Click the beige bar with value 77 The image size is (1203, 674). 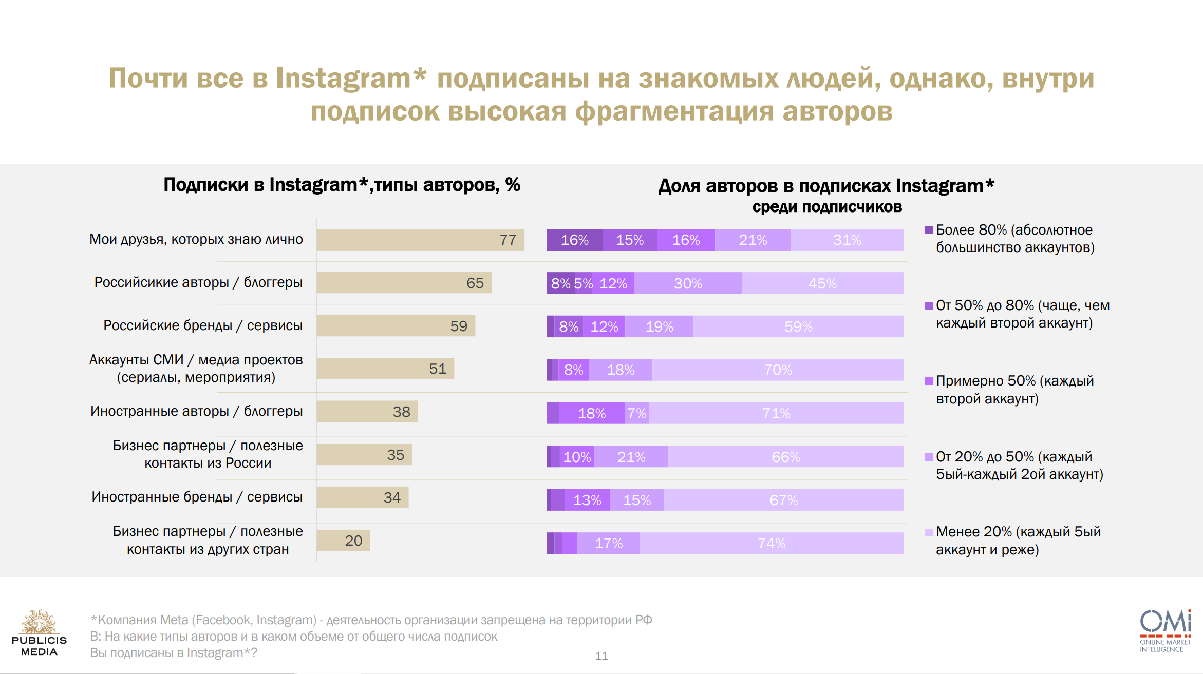(x=420, y=240)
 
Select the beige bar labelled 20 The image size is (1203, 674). (x=343, y=541)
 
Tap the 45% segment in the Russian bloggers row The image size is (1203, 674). (x=822, y=283)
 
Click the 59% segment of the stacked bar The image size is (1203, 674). (x=798, y=326)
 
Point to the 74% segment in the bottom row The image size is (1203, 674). (x=771, y=543)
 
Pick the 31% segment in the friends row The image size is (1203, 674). (x=847, y=240)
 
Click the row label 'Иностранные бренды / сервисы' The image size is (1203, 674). (x=197, y=497)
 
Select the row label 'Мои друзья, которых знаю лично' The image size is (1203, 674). (x=196, y=239)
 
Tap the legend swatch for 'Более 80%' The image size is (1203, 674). (x=929, y=230)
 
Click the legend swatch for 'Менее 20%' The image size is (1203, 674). (x=929, y=532)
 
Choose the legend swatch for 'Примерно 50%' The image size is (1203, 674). (x=929, y=381)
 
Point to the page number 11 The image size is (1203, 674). (x=601, y=656)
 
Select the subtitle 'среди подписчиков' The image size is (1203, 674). (x=827, y=207)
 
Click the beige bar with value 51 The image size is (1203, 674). (x=385, y=369)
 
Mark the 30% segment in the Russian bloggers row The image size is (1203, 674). (x=688, y=283)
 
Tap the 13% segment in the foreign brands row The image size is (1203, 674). (x=587, y=500)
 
